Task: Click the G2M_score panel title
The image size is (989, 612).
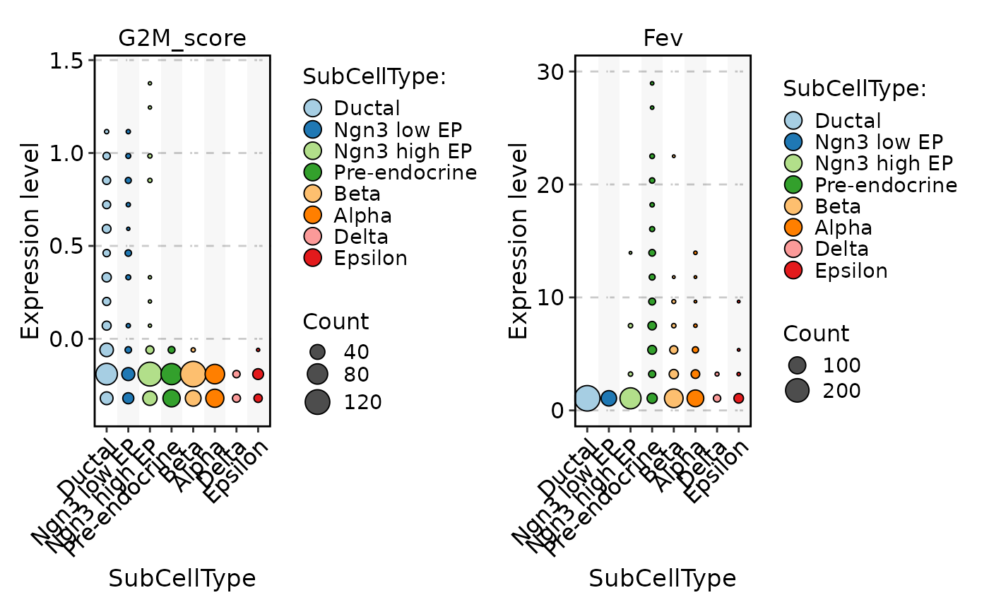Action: pyautogui.click(x=182, y=38)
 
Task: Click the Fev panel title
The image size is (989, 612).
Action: pyautogui.click(x=662, y=38)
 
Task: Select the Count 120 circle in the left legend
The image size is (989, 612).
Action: pyautogui.click(x=317, y=401)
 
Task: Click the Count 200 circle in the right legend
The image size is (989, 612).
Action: pyautogui.click(x=798, y=389)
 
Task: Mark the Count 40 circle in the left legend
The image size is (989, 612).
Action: pyautogui.click(x=317, y=351)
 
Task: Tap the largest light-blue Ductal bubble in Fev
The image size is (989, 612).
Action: pyautogui.click(x=587, y=399)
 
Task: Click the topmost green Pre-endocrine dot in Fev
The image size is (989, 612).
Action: pyautogui.click(x=652, y=83)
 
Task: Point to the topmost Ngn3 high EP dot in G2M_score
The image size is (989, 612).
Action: pyautogui.click(x=150, y=83)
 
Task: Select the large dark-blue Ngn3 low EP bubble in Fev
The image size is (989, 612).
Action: pyautogui.click(x=608, y=399)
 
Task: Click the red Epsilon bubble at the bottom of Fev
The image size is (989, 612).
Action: pyautogui.click(x=738, y=399)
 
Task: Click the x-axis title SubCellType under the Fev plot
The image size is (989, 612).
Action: pyautogui.click(x=662, y=578)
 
